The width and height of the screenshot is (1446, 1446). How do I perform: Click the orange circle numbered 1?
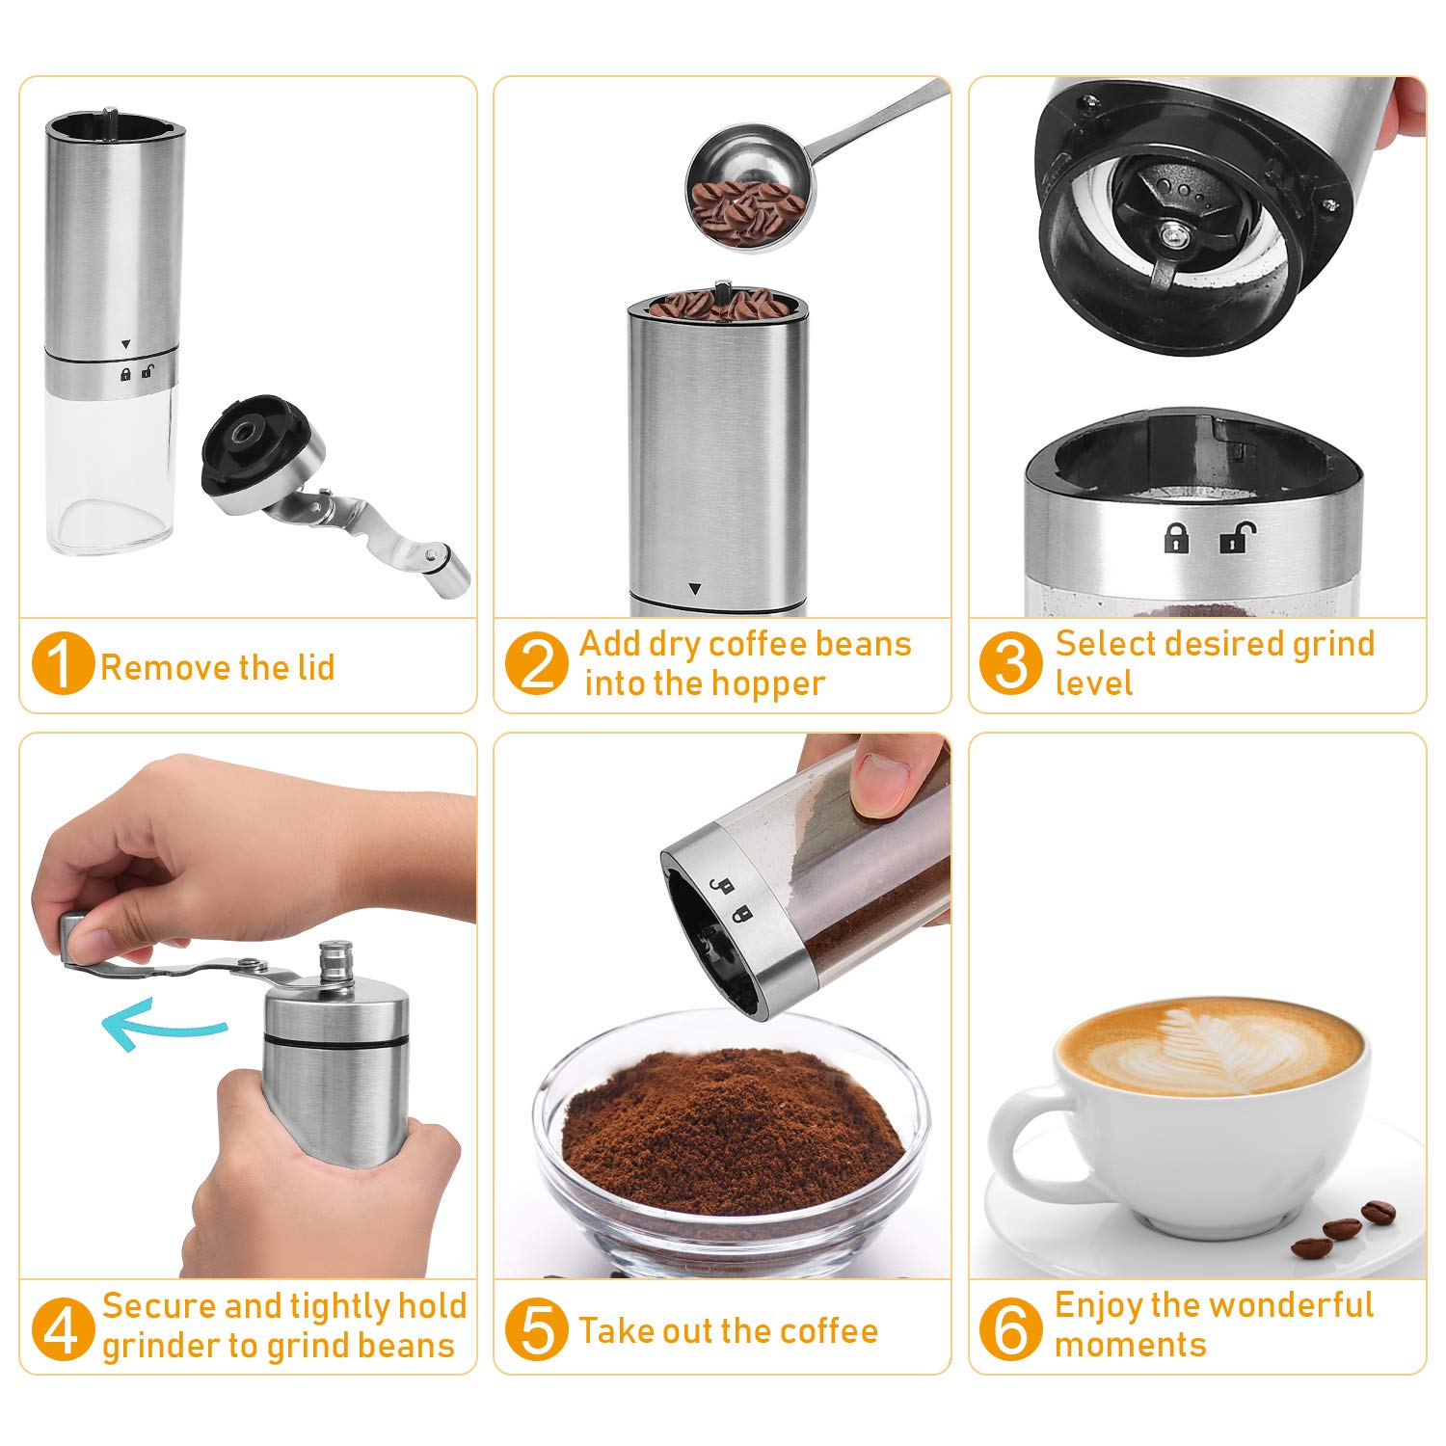pyautogui.click(x=62, y=663)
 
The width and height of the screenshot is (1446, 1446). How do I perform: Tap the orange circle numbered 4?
pyautogui.click(x=62, y=1328)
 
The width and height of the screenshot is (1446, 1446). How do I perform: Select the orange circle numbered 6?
pyautogui.click(x=1010, y=1328)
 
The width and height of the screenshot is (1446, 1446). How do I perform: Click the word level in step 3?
pyautogui.click(x=1093, y=683)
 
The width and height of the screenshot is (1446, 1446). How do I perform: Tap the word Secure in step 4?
pyautogui.click(x=161, y=1306)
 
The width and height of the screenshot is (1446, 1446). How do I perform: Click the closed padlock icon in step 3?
pyautogui.click(x=1176, y=537)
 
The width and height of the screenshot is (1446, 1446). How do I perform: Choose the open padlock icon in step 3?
pyautogui.click(x=1237, y=537)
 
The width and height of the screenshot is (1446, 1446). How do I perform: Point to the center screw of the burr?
pyautogui.click(x=1172, y=234)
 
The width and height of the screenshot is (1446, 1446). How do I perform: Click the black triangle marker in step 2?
pyautogui.click(x=695, y=588)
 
